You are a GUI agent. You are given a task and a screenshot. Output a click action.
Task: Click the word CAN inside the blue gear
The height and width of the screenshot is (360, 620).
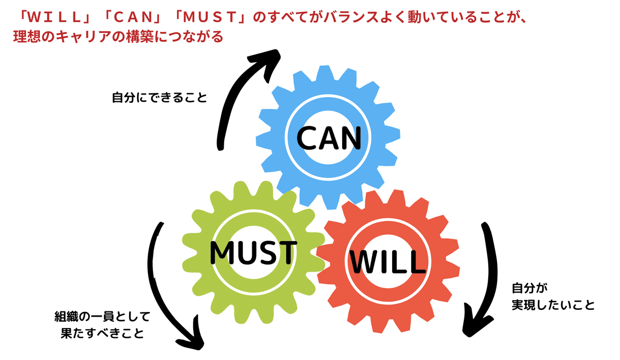point(329,138)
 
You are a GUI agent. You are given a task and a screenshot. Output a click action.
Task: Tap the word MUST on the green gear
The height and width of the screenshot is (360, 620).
point(253,253)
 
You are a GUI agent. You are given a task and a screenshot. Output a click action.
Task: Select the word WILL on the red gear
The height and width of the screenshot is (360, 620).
point(388,262)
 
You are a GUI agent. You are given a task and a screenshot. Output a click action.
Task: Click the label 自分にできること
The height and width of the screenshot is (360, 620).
point(160,98)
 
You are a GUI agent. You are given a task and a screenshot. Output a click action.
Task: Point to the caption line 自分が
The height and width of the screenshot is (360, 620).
point(530,288)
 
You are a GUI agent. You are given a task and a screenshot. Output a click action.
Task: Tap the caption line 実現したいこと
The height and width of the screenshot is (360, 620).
point(553,305)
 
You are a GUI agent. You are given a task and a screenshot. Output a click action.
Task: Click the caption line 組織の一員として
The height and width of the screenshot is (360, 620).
point(102,317)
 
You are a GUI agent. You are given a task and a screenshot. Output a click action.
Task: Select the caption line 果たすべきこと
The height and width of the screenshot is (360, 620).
point(102,333)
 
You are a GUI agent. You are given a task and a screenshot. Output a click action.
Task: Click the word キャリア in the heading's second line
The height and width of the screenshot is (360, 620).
point(83,37)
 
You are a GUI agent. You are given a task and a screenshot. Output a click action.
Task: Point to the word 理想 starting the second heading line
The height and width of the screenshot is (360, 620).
point(27,37)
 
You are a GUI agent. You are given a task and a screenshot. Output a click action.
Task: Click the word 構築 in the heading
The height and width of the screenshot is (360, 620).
point(139,37)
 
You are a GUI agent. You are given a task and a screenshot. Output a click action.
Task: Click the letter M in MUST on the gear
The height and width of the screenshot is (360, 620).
point(222,253)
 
